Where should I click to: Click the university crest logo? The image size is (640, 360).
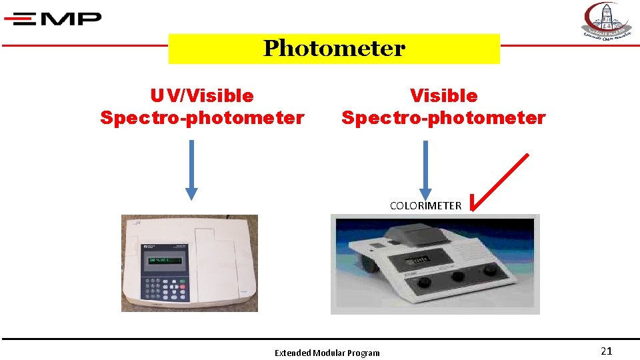607,21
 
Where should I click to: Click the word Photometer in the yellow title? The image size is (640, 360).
334,49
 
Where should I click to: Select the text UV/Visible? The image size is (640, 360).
202,96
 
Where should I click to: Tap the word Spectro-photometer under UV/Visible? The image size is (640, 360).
202,118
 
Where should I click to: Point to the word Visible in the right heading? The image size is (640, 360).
443,96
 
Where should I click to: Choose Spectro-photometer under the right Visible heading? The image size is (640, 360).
443,118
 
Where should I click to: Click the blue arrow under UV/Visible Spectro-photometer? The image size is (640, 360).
191,169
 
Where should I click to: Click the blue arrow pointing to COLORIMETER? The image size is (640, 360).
425,169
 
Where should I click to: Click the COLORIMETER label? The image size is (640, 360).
425,206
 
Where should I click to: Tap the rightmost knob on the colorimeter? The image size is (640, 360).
491,270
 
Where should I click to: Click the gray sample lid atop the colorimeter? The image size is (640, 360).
414,233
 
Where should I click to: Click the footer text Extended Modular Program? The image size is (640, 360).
327,353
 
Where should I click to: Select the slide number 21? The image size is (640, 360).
606,351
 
